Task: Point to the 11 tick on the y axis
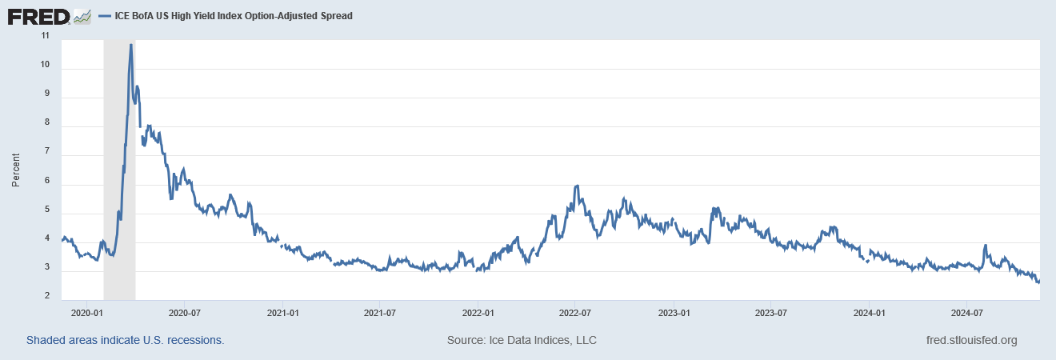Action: click(45, 36)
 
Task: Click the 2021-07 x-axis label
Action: click(379, 312)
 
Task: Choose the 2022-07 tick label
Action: click(574, 312)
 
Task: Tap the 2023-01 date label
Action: click(674, 312)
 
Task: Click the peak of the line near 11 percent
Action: click(130, 45)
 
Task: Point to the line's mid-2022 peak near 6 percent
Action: click(576, 186)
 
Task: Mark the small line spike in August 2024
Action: click(985, 246)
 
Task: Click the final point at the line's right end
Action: click(1038, 281)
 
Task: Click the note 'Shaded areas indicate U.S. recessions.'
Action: click(126, 340)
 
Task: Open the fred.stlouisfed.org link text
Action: click(970, 340)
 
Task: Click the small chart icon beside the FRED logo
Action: click(82, 15)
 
